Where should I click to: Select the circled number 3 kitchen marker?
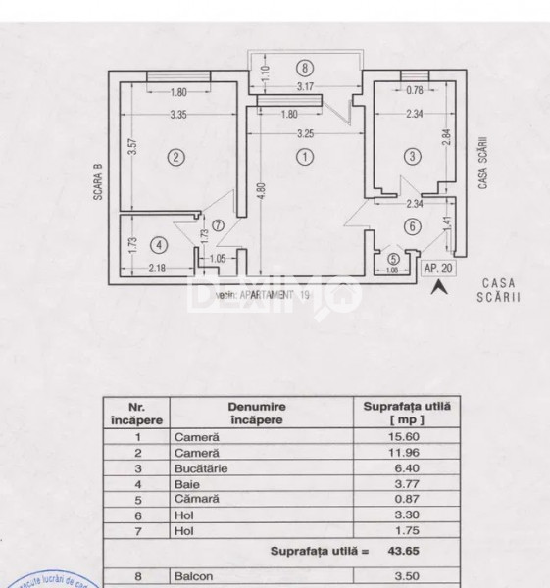click(x=413, y=155)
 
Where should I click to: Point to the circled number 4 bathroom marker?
click(x=160, y=245)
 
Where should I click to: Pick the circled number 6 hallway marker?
click(x=413, y=226)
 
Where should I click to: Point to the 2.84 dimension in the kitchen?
click(x=448, y=137)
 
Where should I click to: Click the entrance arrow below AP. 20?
click(x=440, y=286)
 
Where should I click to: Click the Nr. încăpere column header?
click(x=137, y=412)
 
